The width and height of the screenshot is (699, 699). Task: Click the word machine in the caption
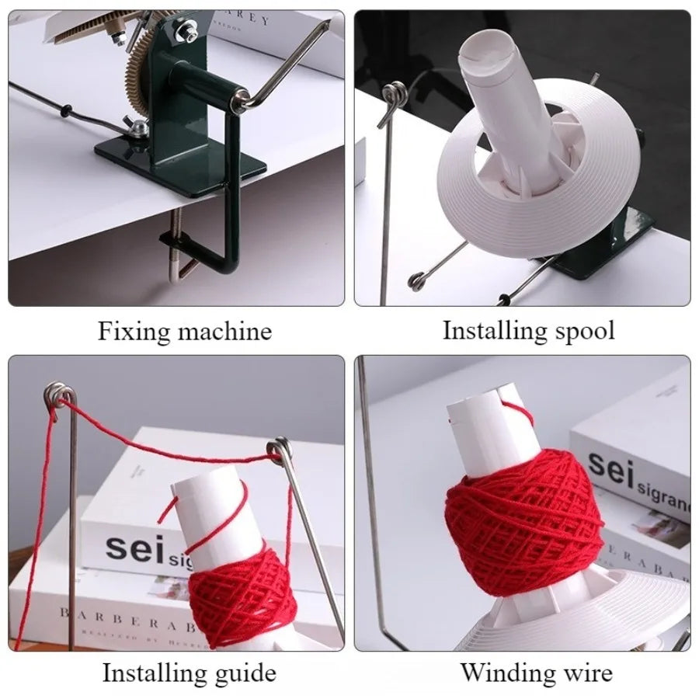coord(225,332)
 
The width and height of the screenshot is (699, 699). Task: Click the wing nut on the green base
coord(137,128)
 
